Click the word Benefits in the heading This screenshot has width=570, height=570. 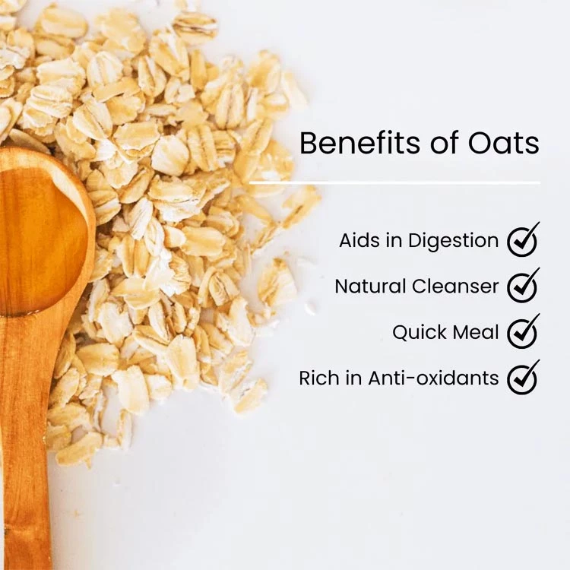click(x=359, y=143)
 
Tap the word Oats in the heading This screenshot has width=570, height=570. click(x=503, y=143)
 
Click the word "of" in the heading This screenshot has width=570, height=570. click(x=445, y=143)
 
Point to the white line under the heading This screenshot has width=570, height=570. click(x=394, y=182)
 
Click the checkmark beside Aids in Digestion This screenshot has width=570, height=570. click(x=523, y=240)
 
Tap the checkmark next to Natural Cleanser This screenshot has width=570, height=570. click(x=523, y=286)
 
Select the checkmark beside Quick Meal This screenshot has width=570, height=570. click(x=523, y=331)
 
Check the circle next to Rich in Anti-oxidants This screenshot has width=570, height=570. click(x=522, y=379)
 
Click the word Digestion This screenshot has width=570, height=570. click(x=453, y=242)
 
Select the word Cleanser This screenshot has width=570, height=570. click(x=455, y=287)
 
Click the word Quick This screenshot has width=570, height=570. click(x=420, y=333)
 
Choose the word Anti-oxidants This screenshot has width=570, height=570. click(x=433, y=378)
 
